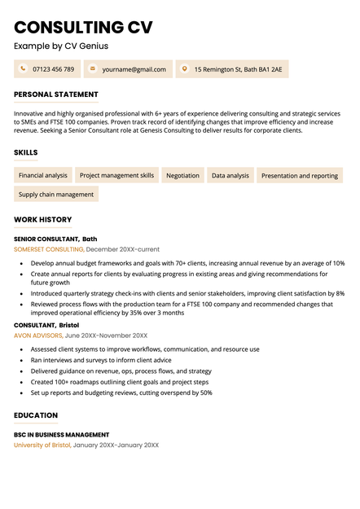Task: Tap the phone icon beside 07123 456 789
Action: (22, 69)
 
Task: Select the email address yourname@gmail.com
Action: (134, 69)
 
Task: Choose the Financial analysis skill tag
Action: (43, 175)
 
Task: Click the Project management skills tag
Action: (116, 175)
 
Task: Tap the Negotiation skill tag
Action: (182, 175)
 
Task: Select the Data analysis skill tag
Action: (230, 175)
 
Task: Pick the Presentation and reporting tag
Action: (299, 175)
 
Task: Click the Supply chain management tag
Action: (56, 195)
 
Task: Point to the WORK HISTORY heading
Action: (42, 220)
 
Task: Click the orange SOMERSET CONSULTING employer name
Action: (48, 249)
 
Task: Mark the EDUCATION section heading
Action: (36, 415)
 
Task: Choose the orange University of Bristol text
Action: (42, 445)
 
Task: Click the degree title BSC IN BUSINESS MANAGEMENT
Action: (61, 435)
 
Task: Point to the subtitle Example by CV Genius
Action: (60, 46)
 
